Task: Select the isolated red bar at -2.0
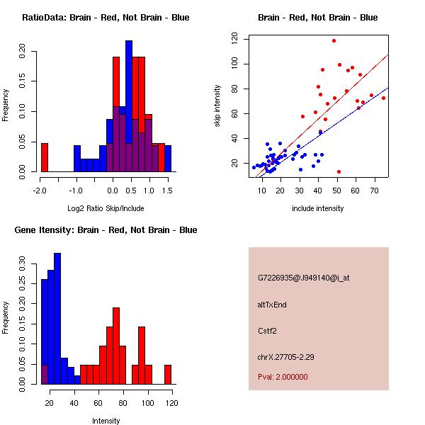(44, 157)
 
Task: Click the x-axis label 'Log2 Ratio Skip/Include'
(106, 209)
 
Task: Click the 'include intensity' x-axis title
(317, 209)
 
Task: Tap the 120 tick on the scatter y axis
(233, 40)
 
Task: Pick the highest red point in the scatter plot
(334, 41)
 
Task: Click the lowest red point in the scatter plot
(339, 171)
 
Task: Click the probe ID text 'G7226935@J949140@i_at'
(304, 278)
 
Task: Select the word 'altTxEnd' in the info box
(272, 305)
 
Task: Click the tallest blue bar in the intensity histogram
(57, 319)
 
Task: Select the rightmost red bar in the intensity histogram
(168, 375)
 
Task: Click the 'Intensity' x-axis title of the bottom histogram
(106, 421)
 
